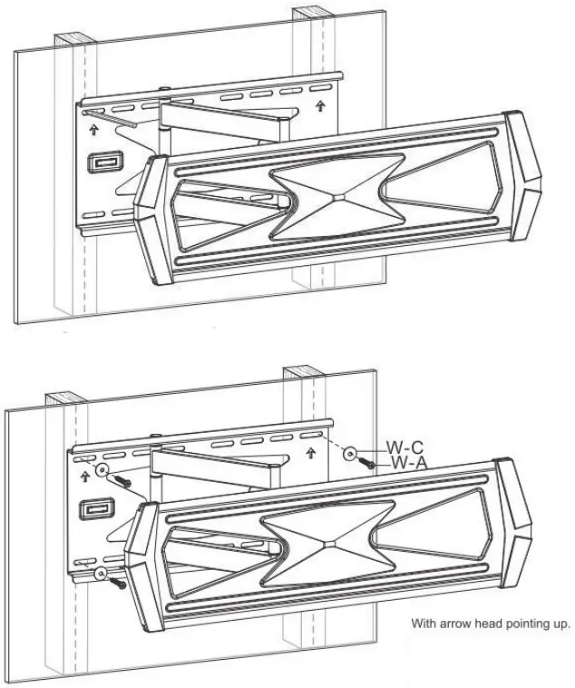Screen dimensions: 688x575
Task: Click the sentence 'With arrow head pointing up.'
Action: [x=491, y=624]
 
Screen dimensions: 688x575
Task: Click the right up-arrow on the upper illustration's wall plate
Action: [x=319, y=106]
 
